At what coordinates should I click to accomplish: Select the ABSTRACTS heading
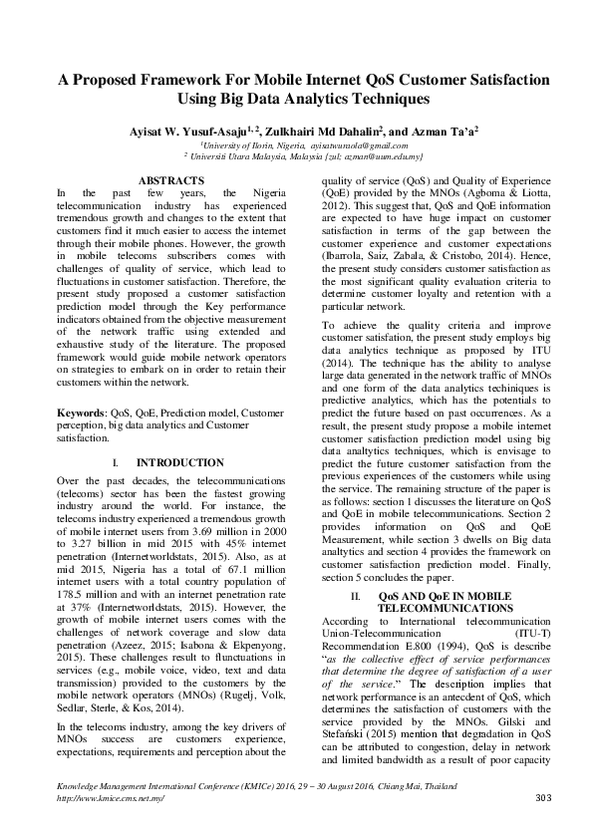click(x=171, y=180)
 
